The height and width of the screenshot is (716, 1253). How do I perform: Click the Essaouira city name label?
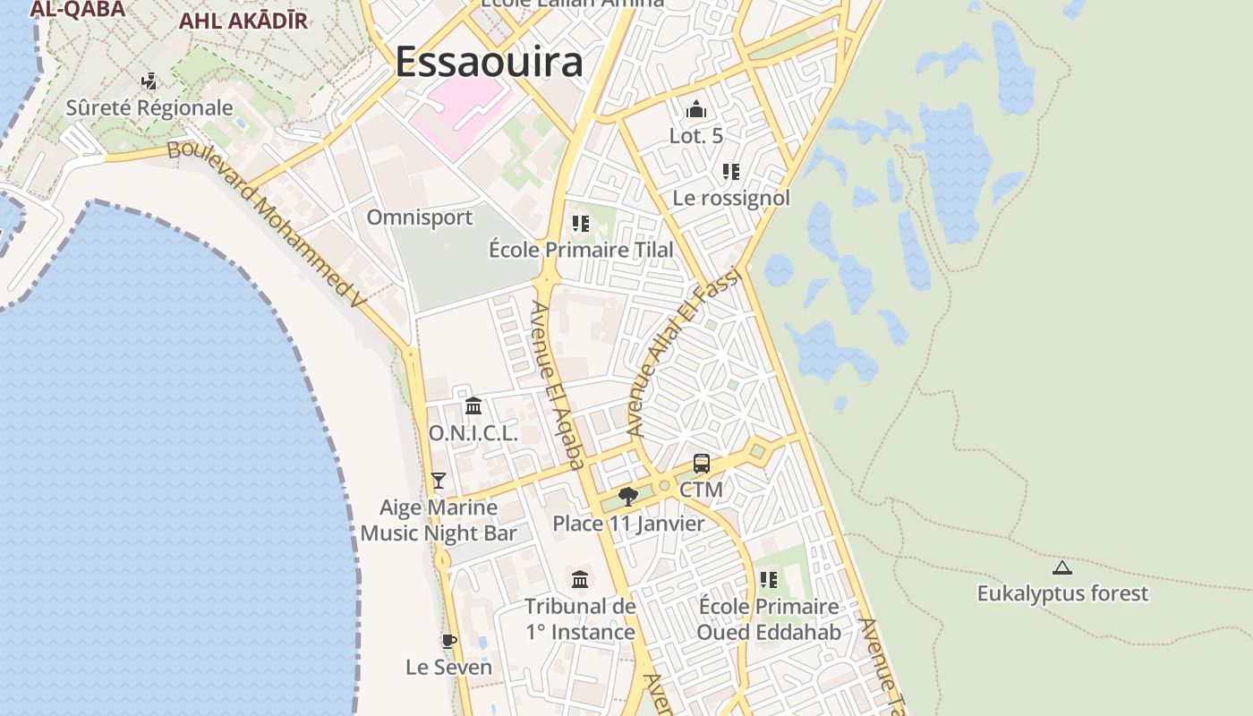coord(489,62)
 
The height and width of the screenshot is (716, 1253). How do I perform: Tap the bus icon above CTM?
coord(702,464)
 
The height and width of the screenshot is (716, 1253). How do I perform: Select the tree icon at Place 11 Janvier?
coord(628,497)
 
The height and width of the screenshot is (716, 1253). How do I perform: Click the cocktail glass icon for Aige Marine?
coord(438,481)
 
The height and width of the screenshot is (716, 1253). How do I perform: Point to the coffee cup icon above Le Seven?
coord(449,641)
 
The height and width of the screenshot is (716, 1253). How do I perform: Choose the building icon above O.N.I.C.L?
coord(473,406)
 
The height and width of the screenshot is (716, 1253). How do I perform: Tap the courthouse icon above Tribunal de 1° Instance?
coord(580,579)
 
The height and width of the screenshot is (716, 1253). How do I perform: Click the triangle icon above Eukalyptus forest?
coord(1062,567)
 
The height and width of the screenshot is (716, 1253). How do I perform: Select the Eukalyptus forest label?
coord(1062,593)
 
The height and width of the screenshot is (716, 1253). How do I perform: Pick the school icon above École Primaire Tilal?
coord(581,223)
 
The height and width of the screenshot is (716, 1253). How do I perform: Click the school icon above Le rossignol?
coord(731,171)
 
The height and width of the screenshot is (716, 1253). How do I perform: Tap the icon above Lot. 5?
coord(696,110)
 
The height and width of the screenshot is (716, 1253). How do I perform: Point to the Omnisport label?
coord(420,217)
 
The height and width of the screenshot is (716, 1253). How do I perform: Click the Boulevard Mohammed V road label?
coord(268,224)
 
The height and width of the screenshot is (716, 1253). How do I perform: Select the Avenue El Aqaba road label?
coord(558,385)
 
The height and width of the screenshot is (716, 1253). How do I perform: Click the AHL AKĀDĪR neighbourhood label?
coord(243,21)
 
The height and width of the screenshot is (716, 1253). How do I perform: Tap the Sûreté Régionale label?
coord(149,108)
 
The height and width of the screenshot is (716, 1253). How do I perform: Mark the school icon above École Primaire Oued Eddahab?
coord(769,580)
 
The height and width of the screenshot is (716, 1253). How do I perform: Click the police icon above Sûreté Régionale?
coord(149,81)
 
